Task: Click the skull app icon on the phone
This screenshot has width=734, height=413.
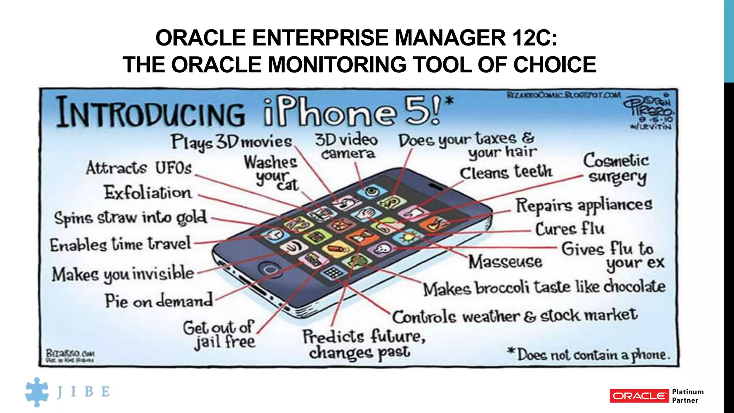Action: point(382,248)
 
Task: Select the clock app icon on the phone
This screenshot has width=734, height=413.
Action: point(275,235)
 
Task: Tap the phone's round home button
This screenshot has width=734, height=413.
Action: point(269,269)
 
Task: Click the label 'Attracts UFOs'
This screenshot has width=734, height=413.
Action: point(139,168)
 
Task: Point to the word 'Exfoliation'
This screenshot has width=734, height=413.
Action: point(148,193)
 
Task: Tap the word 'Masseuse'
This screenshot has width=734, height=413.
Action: point(505,262)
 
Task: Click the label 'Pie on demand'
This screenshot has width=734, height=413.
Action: point(158,301)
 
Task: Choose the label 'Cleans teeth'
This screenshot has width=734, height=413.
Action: point(506,172)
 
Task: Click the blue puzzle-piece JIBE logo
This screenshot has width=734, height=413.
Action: point(37,392)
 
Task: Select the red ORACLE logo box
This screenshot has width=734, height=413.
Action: point(639,396)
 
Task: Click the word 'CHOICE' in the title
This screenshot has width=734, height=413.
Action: point(554,65)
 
